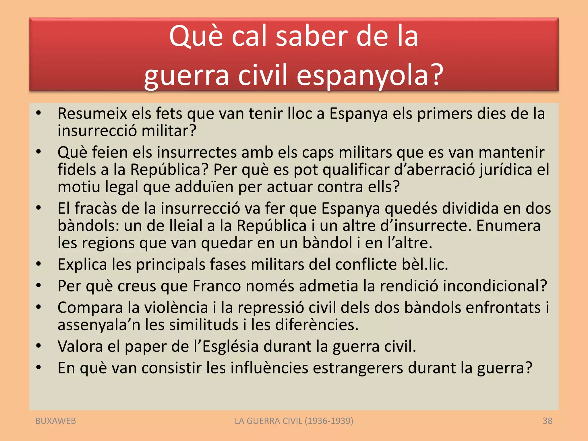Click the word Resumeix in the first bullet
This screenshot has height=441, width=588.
point(92,113)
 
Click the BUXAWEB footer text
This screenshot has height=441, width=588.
point(56,421)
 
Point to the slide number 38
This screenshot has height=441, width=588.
point(548,421)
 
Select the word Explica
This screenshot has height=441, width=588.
point(82,264)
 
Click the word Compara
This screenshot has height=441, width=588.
point(90,308)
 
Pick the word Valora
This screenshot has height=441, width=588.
point(80,346)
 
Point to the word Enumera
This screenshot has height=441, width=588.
point(508,226)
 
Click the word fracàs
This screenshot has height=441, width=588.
point(96,208)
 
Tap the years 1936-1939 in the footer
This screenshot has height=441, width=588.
point(329,421)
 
